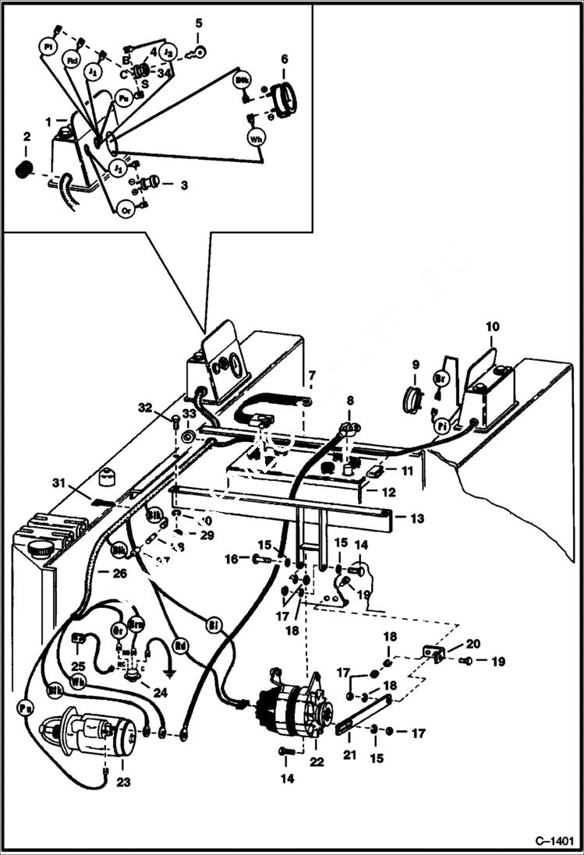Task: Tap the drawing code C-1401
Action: [x=554, y=842]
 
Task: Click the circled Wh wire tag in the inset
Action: [x=257, y=139]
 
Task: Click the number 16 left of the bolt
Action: [x=231, y=558]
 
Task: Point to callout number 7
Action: [x=311, y=377]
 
